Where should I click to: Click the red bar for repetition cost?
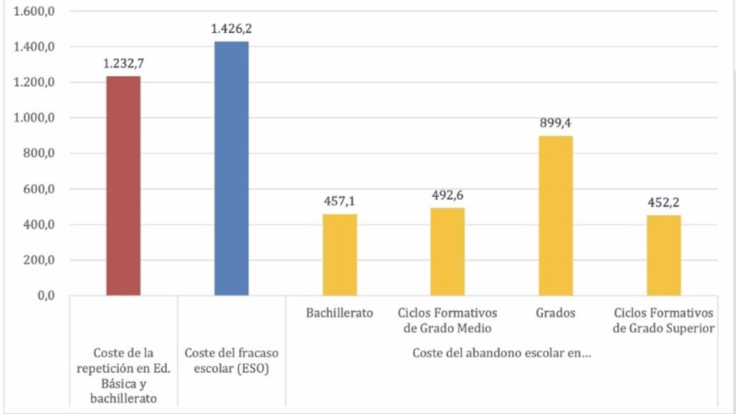(x=123, y=186)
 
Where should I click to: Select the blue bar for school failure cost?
(x=231, y=168)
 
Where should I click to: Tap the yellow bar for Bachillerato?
(x=339, y=254)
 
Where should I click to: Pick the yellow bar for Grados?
(x=556, y=216)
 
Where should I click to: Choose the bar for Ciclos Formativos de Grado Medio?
(x=447, y=251)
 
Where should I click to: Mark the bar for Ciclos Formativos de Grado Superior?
(x=664, y=255)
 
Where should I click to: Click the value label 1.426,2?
(x=231, y=29)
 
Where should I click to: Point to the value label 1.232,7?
(x=123, y=64)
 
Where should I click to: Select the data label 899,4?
(x=556, y=122)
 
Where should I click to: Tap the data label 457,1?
(x=339, y=201)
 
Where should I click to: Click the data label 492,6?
(x=447, y=195)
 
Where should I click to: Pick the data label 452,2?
(x=664, y=202)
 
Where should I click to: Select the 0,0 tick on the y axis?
(x=46, y=295)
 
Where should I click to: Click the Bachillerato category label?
(x=339, y=313)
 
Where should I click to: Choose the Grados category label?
(x=556, y=313)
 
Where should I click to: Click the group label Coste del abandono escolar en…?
(x=501, y=353)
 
